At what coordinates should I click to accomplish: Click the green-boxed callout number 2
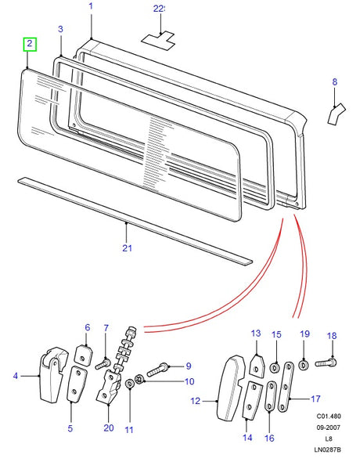(x=30, y=44)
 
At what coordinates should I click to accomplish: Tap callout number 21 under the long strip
(x=127, y=247)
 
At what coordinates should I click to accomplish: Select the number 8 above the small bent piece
(x=335, y=82)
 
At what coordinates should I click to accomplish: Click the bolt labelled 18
(x=326, y=363)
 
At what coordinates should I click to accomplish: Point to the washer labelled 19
(x=303, y=366)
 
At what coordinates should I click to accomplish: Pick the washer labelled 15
(x=275, y=368)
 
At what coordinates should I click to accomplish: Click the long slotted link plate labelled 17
(x=285, y=387)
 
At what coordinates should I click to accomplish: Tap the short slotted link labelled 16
(x=271, y=396)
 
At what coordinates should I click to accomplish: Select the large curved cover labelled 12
(x=231, y=388)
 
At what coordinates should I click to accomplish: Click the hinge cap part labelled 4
(x=53, y=374)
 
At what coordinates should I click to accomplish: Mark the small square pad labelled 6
(x=84, y=355)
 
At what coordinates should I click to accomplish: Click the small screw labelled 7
(x=103, y=363)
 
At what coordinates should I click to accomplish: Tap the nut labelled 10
(x=139, y=378)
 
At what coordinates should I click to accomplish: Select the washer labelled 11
(x=129, y=384)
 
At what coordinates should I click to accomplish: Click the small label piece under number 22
(x=158, y=40)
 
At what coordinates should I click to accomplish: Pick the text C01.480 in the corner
(x=329, y=416)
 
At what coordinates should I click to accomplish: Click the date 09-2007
(x=328, y=428)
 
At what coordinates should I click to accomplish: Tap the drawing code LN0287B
(x=328, y=449)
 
